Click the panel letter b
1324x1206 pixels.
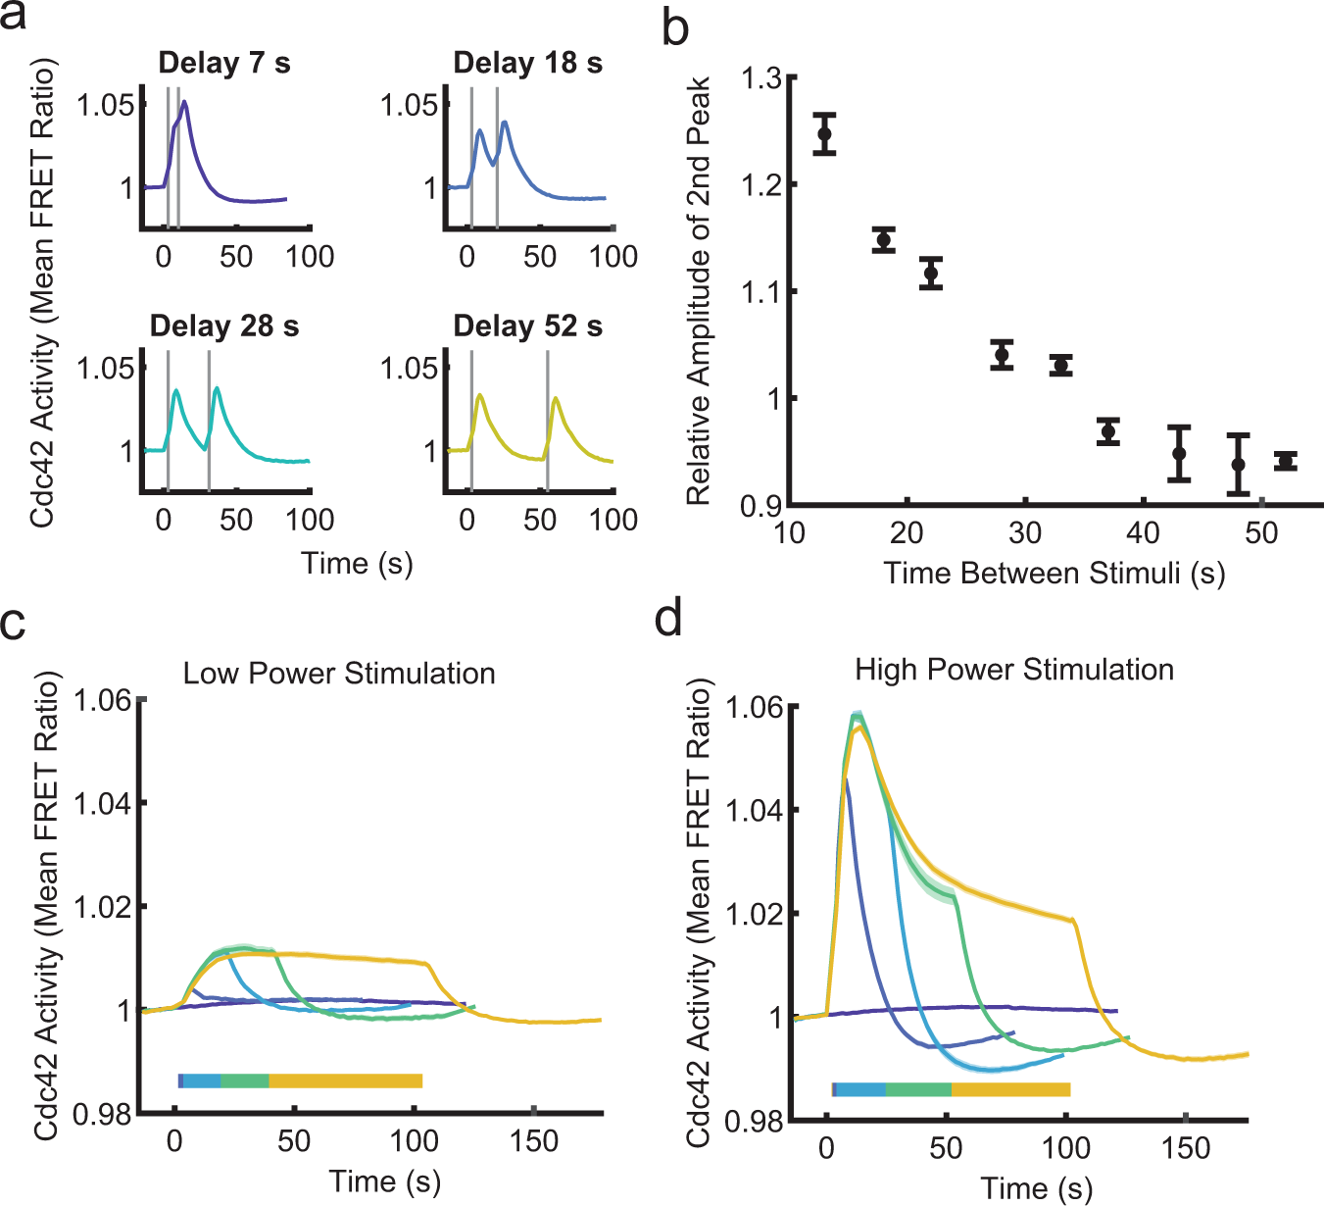coord(675,27)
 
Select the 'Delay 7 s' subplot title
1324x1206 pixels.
coord(224,64)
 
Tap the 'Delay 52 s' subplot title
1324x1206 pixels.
coord(527,327)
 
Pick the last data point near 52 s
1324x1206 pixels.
coord(1286,461)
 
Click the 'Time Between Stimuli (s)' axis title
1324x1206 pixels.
coord(1054,573)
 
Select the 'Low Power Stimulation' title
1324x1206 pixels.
coord(339,674)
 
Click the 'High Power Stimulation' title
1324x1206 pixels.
coord(1014,670)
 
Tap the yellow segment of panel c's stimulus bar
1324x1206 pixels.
coord(345,1080)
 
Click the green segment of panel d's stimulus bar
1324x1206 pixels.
coord(918,1089)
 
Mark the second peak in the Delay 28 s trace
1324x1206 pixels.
coord(217,389)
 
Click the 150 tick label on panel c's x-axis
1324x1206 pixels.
coord(534,1141)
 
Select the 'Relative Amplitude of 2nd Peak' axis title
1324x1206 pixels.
coord(698,291)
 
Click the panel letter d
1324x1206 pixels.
coord(668,620)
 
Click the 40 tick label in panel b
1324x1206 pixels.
coord(1143,533)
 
